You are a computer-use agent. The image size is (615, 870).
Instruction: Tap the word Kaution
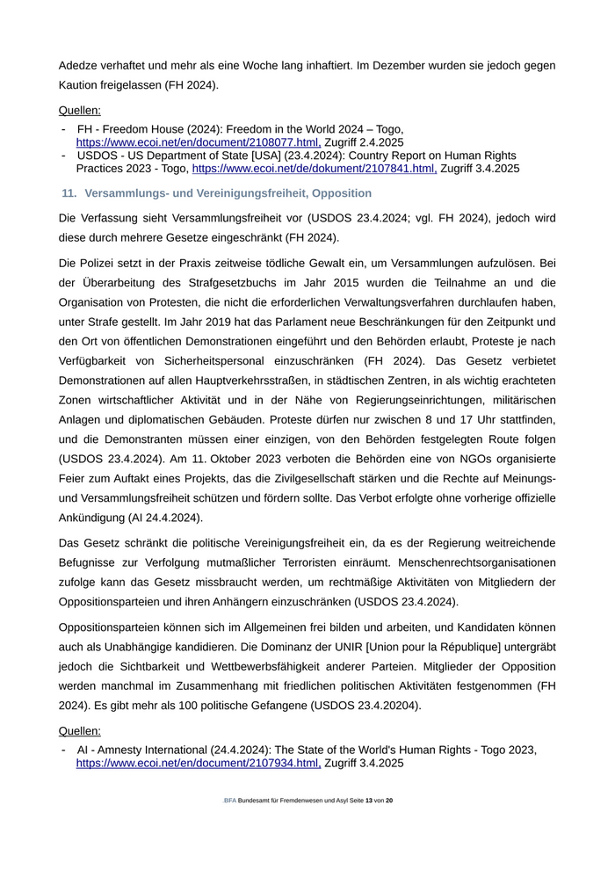pyautogui.click(x=81, y=84)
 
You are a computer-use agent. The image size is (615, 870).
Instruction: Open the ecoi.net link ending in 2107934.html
pyautogui.click(x=198, y=764)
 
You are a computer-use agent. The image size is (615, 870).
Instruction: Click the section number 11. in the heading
pyautogui.click(x=69, y=193)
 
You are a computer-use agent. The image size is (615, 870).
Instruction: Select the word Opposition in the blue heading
pyautogui.click(x=342, y=193)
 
